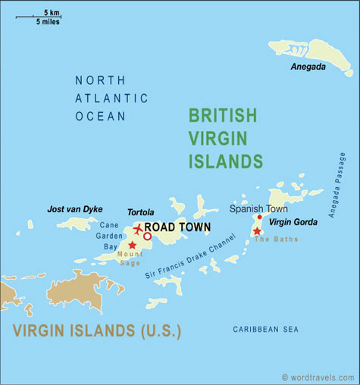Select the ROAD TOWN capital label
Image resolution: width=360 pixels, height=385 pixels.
[177, 227]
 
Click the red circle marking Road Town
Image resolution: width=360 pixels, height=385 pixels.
[148, 236]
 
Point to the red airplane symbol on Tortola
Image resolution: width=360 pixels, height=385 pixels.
[138, 228]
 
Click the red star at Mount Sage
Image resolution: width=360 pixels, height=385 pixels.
[133, 245]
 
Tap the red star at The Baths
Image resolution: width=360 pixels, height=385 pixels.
[257, 230]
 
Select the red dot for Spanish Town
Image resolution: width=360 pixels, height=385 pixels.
[259, 217]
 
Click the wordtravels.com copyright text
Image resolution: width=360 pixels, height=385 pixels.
[317, 377]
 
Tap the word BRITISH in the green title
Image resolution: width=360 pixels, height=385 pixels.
[222, 115]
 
